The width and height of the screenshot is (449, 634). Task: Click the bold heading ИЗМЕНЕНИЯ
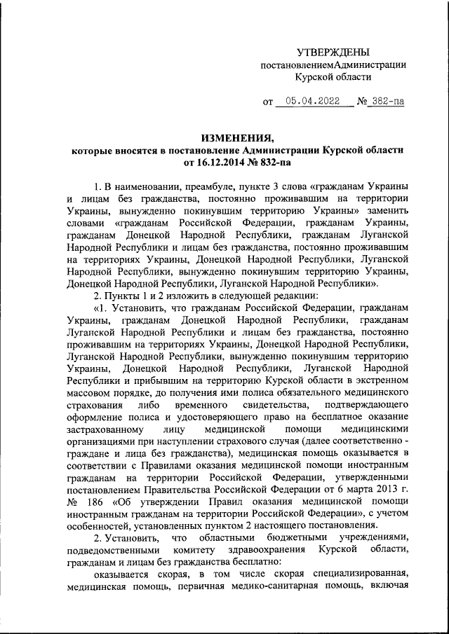tap(237, 139)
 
